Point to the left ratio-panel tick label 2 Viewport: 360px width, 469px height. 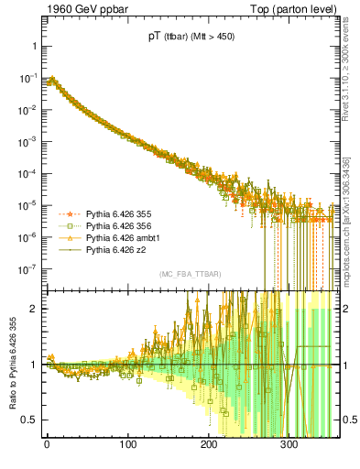[29, 309]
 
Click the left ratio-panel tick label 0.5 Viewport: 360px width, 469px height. [26, 420]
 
